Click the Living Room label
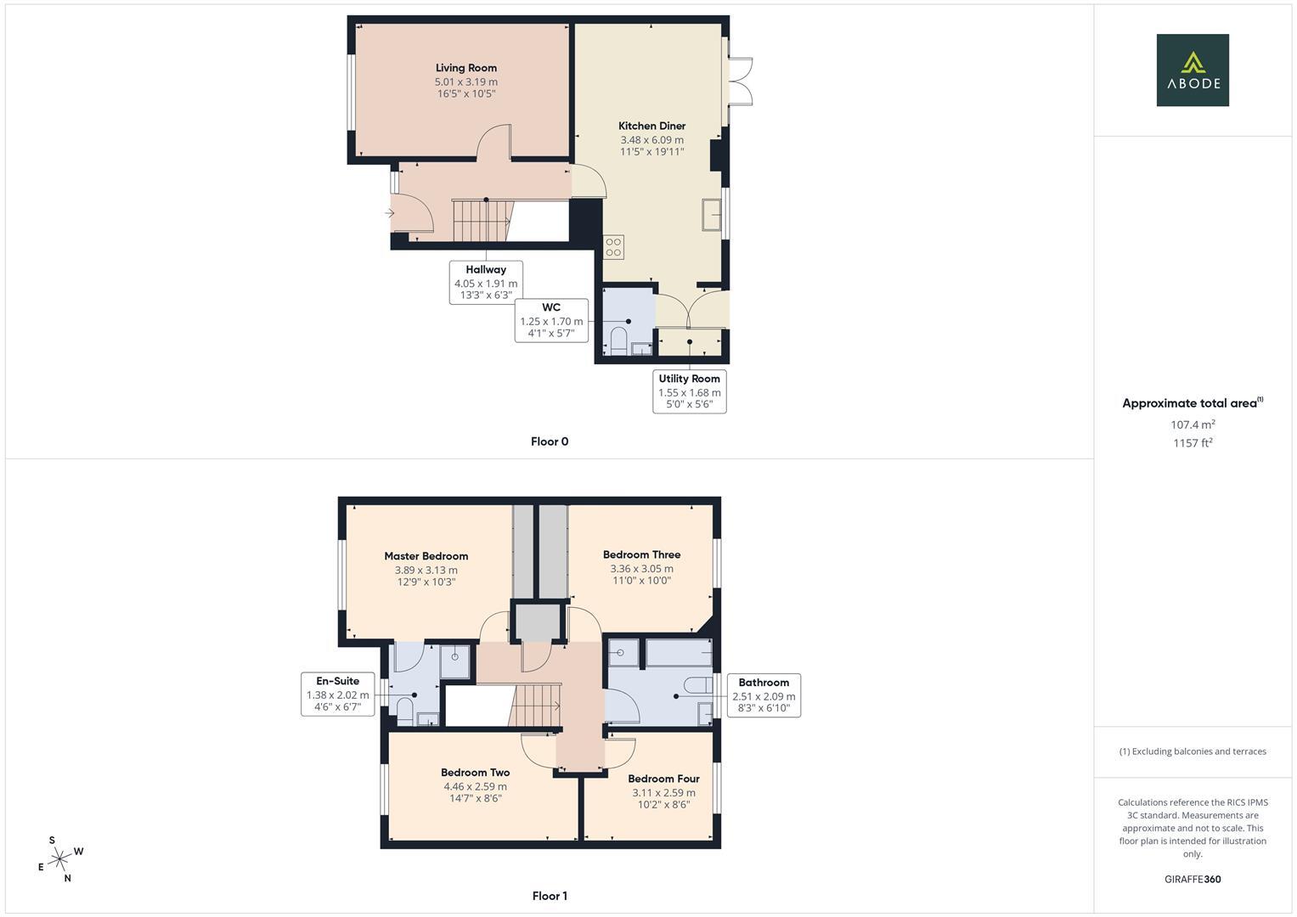465,68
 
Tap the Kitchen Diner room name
651,126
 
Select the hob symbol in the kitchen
613,247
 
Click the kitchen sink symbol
711,215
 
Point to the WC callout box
551,320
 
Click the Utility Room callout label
689,379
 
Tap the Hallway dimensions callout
486,283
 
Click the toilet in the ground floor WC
618,343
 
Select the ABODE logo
1193,70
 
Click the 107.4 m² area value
1193,425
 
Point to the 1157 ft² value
1193,443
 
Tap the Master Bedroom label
426,556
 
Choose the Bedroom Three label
641,554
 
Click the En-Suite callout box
337,694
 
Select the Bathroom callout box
764,695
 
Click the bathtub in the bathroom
679,653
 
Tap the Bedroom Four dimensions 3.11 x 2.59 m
663,792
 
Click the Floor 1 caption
550,896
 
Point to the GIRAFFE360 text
1193,880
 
